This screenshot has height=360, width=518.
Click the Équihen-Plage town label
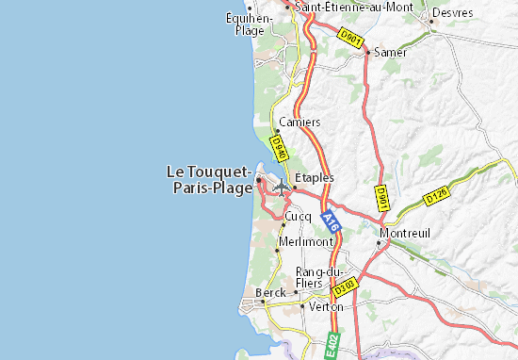[250, 23]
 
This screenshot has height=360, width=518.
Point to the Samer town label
[390, 53]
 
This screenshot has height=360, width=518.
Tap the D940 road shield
[278, 148]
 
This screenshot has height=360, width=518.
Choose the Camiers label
[300, 123]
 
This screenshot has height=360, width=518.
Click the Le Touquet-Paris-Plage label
[208, 179]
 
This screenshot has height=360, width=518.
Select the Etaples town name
[315, 177]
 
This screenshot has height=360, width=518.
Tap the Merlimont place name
[307, 241]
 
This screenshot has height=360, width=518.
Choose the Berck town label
[270, 293]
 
